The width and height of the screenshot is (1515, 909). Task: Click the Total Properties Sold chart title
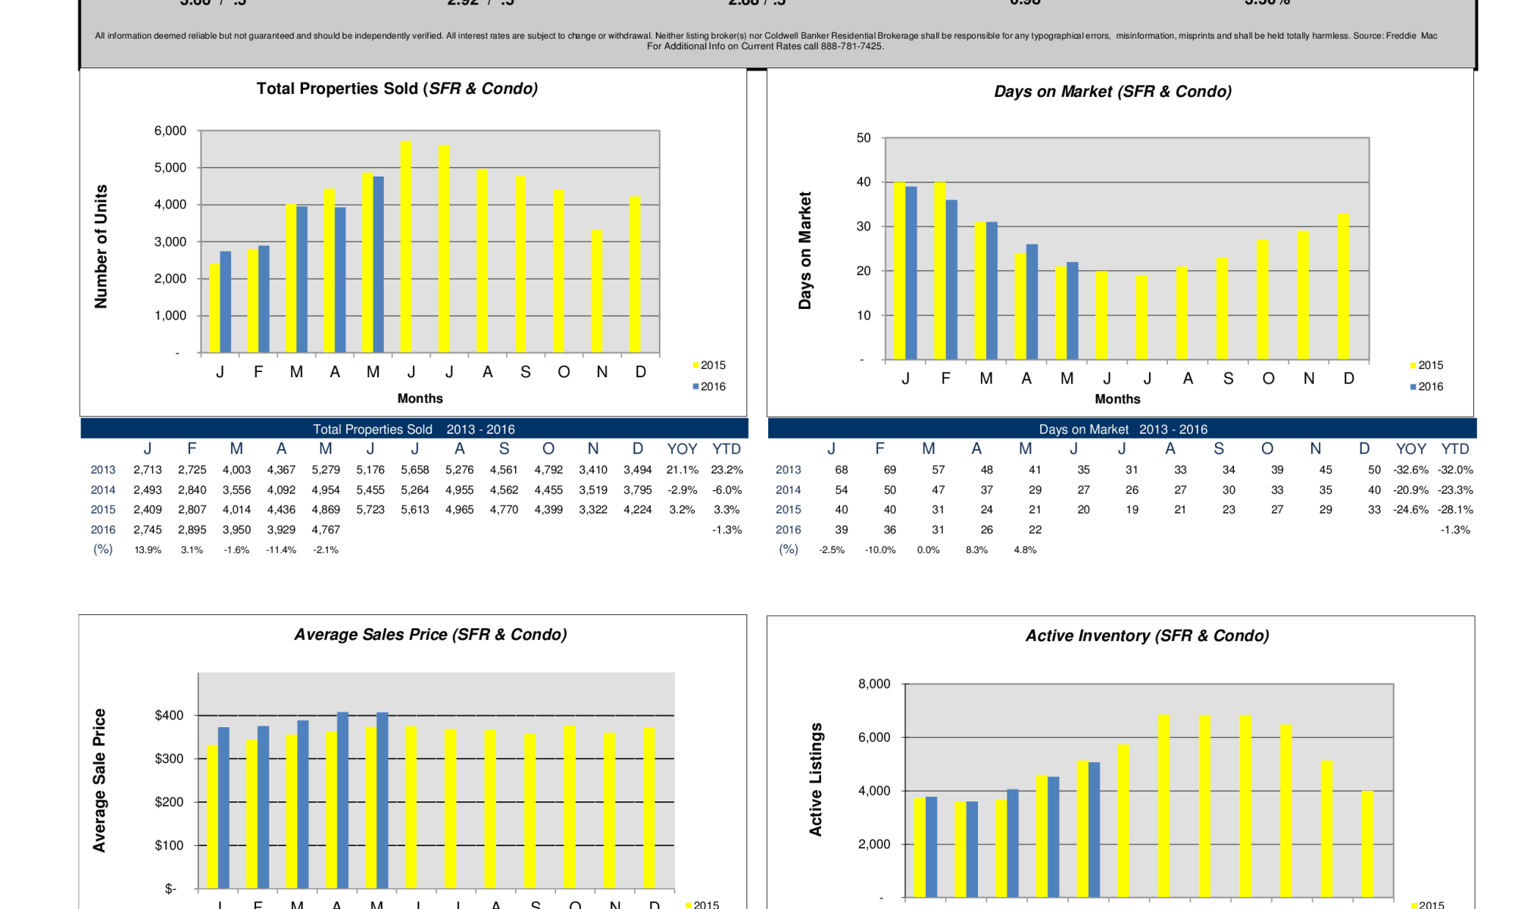(397, 89)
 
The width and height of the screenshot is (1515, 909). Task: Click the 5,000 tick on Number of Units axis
(170, 167)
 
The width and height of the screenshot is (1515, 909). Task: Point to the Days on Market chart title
(1112, 92)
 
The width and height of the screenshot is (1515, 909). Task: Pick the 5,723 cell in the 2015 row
(370, 510)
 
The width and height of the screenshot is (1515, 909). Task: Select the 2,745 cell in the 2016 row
(148, 529)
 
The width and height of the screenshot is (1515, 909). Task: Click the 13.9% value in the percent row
(148, 550)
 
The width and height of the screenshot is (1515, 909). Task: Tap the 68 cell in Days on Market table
(841, 470)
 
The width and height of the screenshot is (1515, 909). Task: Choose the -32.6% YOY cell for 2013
(1410, 470)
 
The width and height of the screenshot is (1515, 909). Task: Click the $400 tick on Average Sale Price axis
(169, 715)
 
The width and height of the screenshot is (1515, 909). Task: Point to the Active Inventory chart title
(1147, 636)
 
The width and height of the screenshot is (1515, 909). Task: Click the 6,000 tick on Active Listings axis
(874, 737)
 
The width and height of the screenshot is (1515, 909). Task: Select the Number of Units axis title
(101, 246)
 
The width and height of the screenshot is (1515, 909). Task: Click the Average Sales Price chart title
(430, 635)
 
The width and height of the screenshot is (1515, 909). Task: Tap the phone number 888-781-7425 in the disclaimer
(851, 46)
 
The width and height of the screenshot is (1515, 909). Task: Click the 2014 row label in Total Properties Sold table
(103, 490)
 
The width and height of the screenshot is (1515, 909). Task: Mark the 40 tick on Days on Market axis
(864, 182)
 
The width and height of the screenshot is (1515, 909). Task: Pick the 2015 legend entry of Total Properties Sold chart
(709, 365)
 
